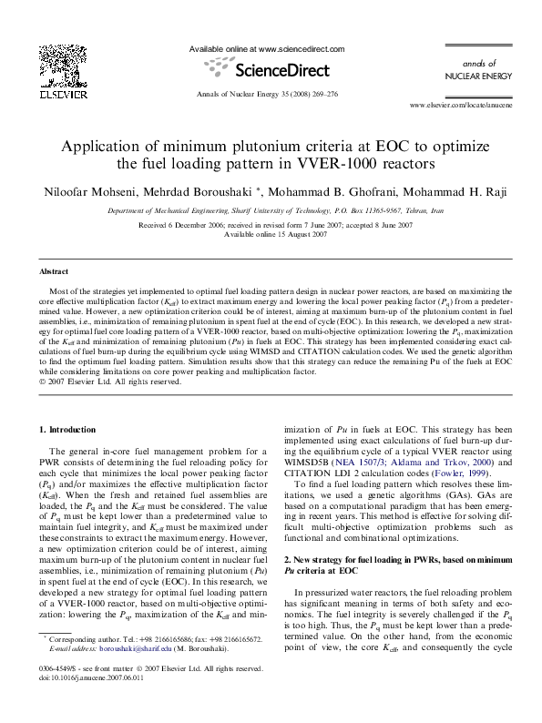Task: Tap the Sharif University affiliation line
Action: [x=270, y=209]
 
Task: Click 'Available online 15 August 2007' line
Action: [x=270, y=234]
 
